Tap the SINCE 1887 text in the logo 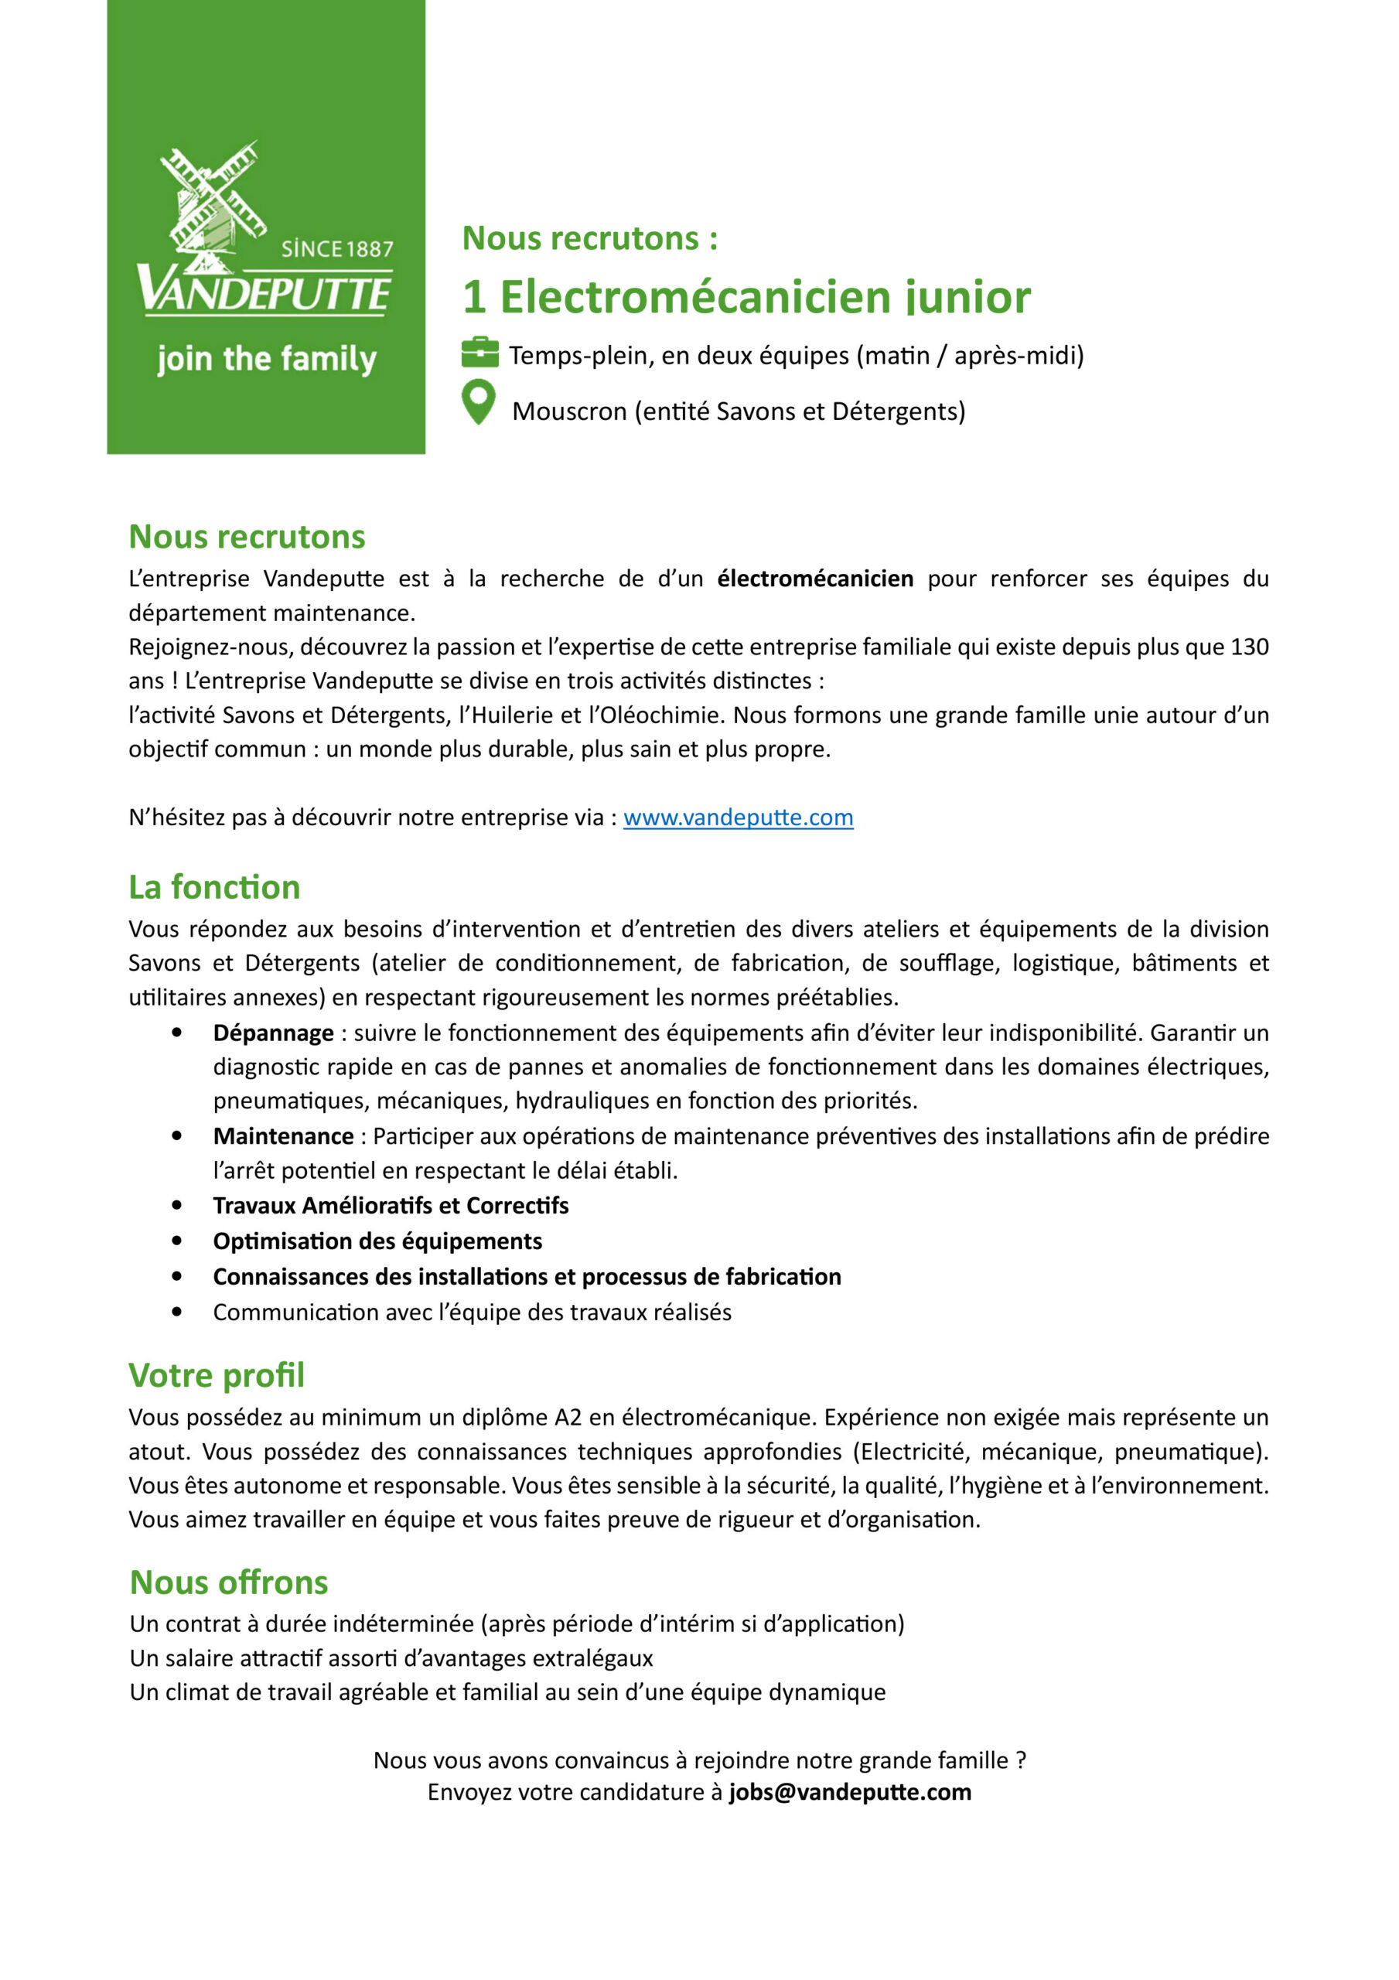click(x=336, y=249)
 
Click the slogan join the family click(x=267, y=358)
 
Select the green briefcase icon click(x=479, y=352)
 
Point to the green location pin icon click(x=479, y=402)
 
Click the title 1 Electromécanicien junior click(x=746, y=297)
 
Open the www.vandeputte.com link click(x=738, y=817)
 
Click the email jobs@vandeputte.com click(x=850, y=1792)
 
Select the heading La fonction click(x=214, y=886)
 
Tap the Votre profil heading click(x=217, y=1374)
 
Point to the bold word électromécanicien click(x=814, y=578)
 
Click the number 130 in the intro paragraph click(x=1249, y=646)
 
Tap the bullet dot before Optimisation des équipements click(x=177, y=1240)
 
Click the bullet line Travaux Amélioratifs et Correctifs click(x=391, y=1205)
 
